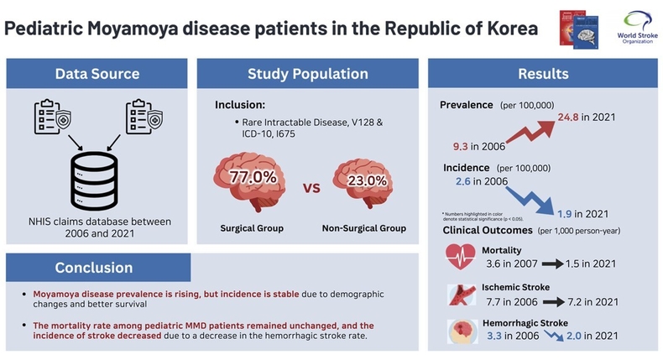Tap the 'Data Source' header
[97, 75]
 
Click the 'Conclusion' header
[94, 268]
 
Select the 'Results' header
[544, 75]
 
